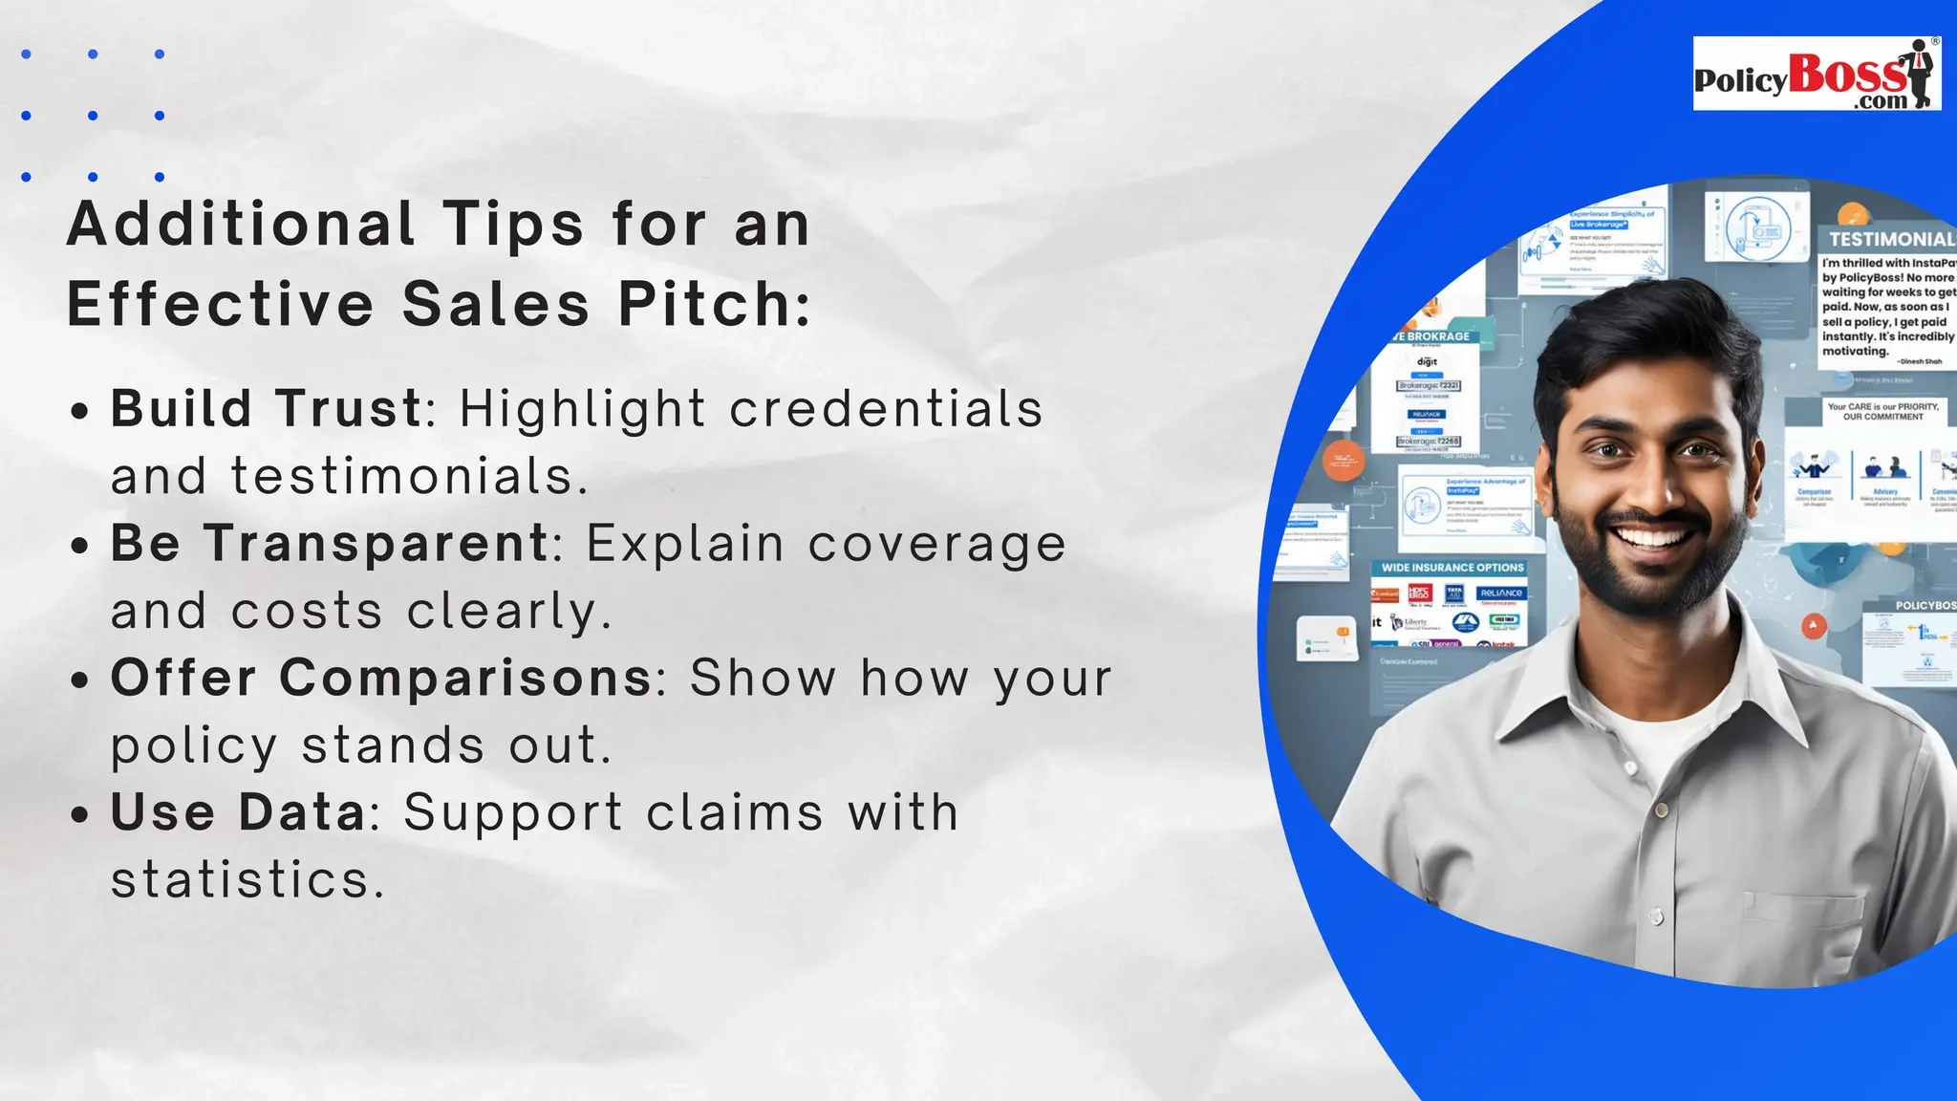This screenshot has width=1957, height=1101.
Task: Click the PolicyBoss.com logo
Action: point(1816,75)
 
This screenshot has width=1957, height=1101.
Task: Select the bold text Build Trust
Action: point(267,409)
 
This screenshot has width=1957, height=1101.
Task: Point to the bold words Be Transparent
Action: point(330,544)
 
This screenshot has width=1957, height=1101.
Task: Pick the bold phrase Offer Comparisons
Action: point(381,679)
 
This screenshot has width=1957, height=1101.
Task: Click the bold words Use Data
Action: point(238,813)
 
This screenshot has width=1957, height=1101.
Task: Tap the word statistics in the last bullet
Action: point(247,880)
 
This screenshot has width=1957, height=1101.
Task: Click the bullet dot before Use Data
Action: point(80,815)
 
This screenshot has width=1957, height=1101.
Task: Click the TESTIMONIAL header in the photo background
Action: point(1890,239)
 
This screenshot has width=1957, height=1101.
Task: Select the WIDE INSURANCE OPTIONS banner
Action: point(1452,568)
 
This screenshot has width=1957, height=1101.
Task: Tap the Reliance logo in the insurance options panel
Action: point(1501,594)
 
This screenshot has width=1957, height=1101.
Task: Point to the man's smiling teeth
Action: point(1654,537)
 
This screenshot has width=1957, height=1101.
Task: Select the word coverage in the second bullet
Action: point(936,544)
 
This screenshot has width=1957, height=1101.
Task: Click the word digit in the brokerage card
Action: point(1427,362)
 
